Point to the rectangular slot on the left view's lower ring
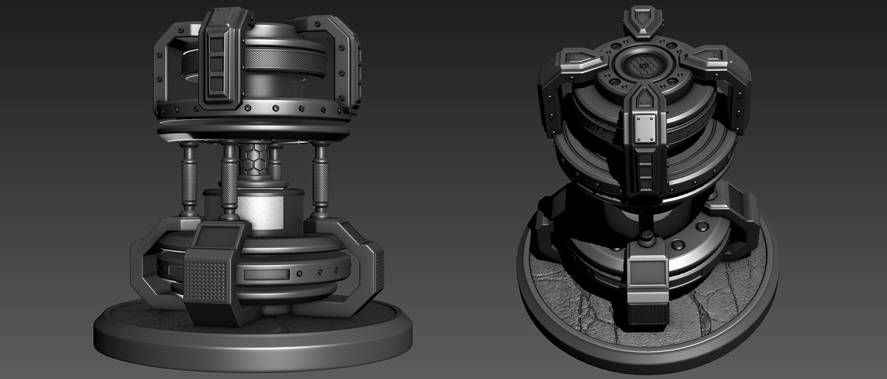pos(266,274)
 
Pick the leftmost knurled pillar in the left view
pos(189,179)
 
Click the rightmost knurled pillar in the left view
pos(321,179)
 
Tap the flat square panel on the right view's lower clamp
pos(647,274)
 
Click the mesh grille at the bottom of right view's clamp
pos(647,313)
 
